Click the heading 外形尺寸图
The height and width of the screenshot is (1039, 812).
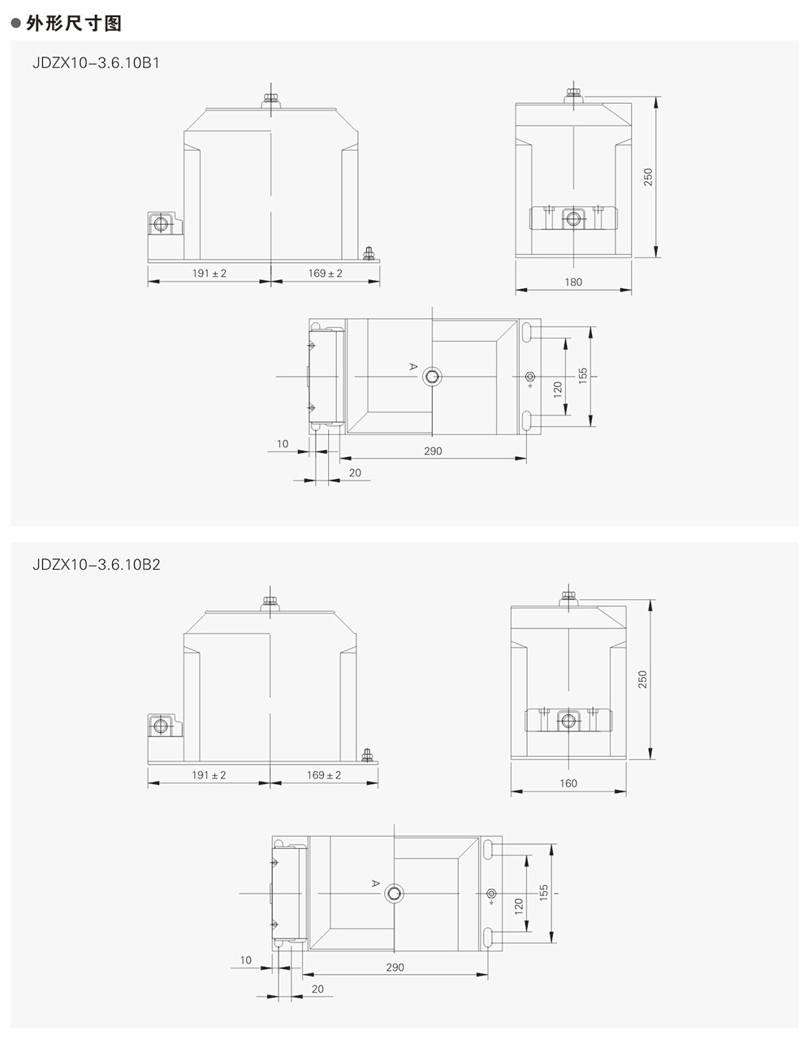coord(74,23)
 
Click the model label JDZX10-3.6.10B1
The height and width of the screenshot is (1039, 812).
coord(96,63)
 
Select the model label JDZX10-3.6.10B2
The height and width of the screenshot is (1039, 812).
coord(96,565)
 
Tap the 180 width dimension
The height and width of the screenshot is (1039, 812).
coord(573,282)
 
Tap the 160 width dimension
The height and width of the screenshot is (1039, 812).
coord(568,783)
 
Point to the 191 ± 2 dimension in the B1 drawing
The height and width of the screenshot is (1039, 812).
coord(209,274)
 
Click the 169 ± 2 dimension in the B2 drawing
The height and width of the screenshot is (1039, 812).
coord(324,775)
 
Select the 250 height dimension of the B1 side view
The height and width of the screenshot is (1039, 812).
coord(648,177)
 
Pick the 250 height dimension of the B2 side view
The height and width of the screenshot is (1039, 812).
coord(642,679)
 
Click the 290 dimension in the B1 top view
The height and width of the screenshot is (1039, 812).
coord(433,451)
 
